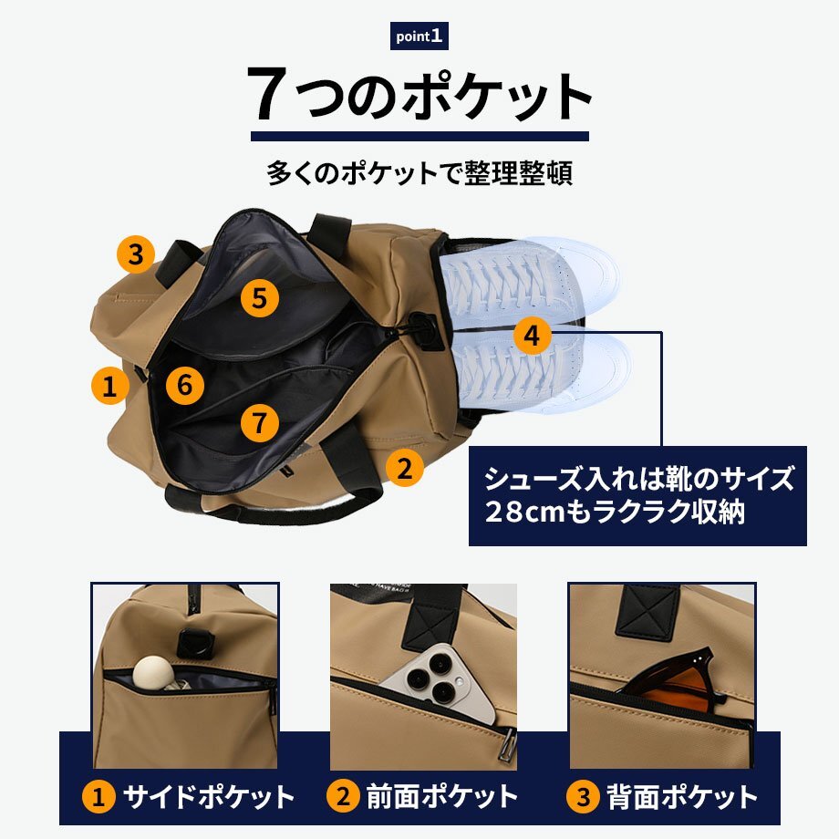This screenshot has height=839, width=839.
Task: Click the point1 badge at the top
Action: [x=419, y=36]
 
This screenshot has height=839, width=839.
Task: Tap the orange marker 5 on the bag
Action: [x=260, y=297]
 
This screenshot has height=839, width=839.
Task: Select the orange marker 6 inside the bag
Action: [x=184, y=385]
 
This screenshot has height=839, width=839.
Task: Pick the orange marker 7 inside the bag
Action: [x=260, y=423]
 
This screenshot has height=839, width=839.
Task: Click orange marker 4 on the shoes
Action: [x=532, y=336]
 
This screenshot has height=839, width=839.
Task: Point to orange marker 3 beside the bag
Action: [x=136, y=254]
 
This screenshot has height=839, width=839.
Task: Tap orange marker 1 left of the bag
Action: [x=110, y=385]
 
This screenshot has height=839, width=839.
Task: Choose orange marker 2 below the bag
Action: [x=405, y=468]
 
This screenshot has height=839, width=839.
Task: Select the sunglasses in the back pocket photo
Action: [x=675, y=679]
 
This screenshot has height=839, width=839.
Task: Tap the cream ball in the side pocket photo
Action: [x=152, y=672]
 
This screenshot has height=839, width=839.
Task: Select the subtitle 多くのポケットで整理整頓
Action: [x=419, y=173]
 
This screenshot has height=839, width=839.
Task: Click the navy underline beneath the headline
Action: [x=420, y=137]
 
